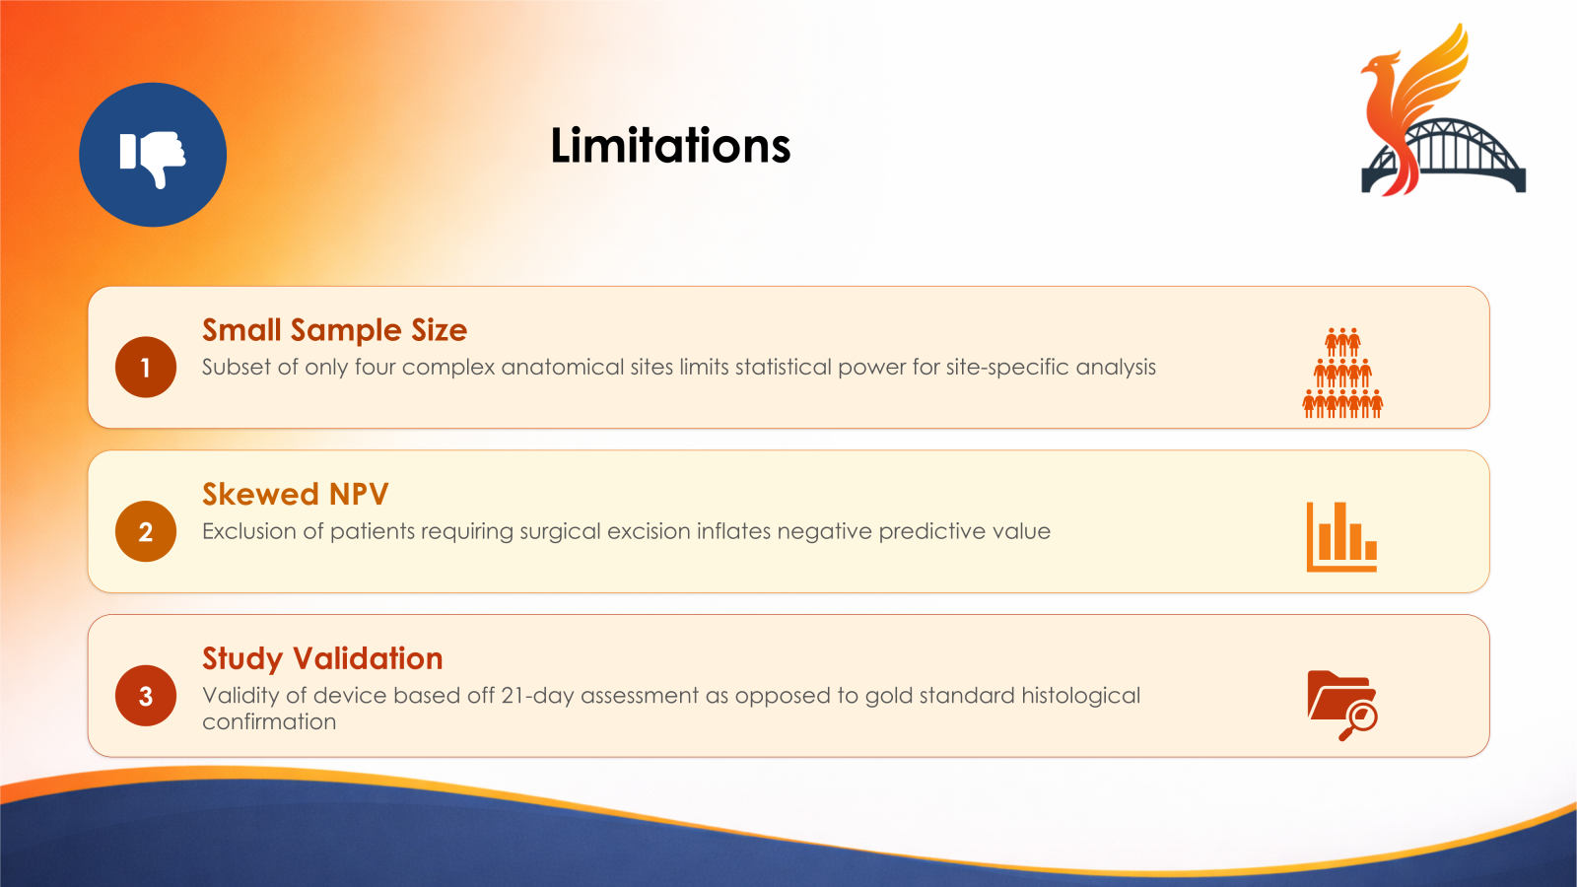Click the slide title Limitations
click(x=670, y=146)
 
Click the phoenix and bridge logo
click(x=1441, y=113)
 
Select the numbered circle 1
click(x=146, y=368)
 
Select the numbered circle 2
click(x=146, y=532)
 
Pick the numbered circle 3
click(x=146, y=697)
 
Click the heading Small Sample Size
click(x=334, y=330)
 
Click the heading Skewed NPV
click(x=295, y=494)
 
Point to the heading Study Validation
click(x=322, y=658)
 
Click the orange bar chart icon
click(x=1341, y=537)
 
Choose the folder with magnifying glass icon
click(x=1341, y=704)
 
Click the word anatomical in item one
click(x=563, y=368)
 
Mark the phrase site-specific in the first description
click(x=1007, y=368)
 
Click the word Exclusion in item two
click(x=248, y=532)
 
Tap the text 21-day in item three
click(x=537, y=696)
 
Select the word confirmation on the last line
click(x=269, y=722)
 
